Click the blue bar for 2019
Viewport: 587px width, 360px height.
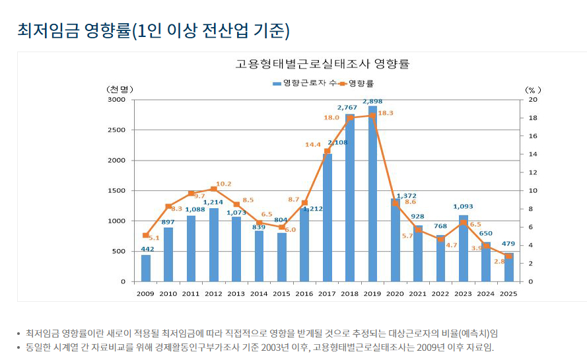373,194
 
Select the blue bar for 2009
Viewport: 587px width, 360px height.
146,268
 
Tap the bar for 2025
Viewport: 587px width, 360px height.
509,267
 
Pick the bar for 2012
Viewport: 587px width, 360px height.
214,244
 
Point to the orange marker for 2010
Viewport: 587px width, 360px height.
168,206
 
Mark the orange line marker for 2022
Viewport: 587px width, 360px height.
441,238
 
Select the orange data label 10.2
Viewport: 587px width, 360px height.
224,184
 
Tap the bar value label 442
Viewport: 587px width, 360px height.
148,249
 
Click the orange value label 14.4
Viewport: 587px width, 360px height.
312,144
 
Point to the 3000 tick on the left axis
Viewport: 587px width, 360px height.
116,100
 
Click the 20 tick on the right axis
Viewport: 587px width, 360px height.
533,100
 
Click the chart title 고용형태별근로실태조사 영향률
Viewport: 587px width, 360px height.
322,64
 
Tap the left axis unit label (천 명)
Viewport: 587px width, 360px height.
119,89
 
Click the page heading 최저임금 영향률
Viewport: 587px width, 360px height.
153,30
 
